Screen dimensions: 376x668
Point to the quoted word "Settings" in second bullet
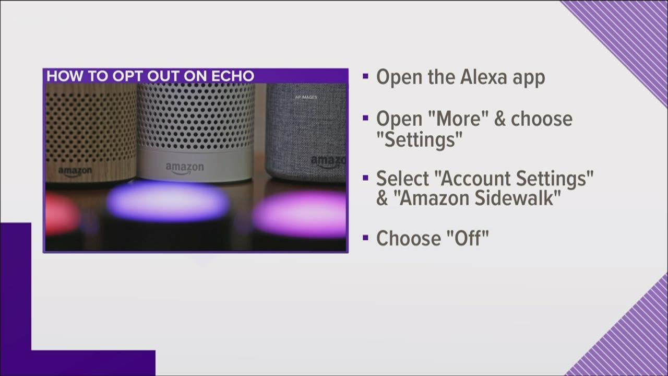point(420,139)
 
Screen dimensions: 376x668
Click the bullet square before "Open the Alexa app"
point(365,76)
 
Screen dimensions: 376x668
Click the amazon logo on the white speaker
point(184,168)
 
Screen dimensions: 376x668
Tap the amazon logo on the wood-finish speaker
point(75,171)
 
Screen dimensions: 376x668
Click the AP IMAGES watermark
point(306,97)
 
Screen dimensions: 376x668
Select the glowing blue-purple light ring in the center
point(168,201)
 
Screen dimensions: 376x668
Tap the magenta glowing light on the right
point(301,213)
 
